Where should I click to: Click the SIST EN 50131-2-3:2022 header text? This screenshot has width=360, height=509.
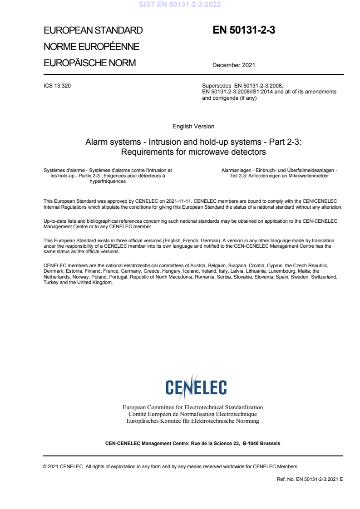[180, 5]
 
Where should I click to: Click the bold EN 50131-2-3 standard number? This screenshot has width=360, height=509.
[244, 30]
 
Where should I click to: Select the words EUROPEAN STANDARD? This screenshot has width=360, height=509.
[93, 31]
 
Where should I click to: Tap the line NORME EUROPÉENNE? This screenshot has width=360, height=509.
[91, 47]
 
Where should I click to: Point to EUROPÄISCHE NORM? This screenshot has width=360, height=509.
[89, 63]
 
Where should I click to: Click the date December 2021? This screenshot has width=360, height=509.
[233, 65]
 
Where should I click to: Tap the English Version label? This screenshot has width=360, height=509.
[193, 126]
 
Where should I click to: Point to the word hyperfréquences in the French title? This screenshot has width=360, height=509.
[108, 181]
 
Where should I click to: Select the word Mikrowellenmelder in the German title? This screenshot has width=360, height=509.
[309, 176]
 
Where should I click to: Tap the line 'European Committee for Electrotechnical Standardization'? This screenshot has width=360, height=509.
[193, 407]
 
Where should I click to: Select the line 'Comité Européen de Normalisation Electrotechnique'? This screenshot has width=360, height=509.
[193, 414]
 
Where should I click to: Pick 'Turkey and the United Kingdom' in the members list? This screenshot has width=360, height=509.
[78, 282]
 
